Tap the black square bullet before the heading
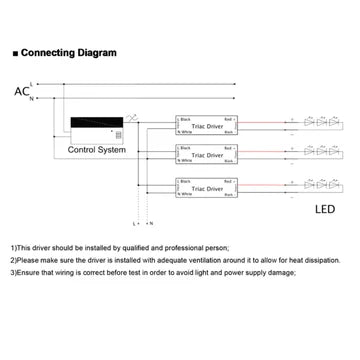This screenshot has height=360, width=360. click(13, 52)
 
